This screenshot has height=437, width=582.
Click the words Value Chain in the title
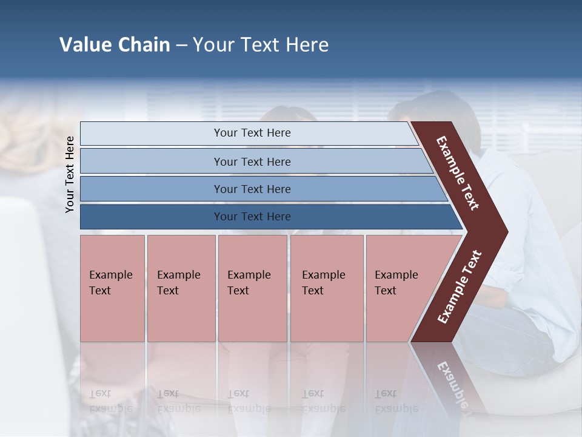[x=115, y=45]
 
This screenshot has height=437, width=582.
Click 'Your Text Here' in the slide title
[x=261, y=45]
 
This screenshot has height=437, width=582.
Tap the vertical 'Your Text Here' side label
[x=70, y=174]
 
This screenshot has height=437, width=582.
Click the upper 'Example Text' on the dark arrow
[x=458, y=173]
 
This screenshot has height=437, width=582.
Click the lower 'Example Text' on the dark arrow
[x=460, y=287]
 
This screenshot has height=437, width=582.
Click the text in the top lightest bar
[x=252, y=133]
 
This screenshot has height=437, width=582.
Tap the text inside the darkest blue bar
[x=252, y=217]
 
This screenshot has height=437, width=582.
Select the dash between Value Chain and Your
[x=181, y=46]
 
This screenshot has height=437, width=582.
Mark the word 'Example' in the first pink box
[x=110, y=275]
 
